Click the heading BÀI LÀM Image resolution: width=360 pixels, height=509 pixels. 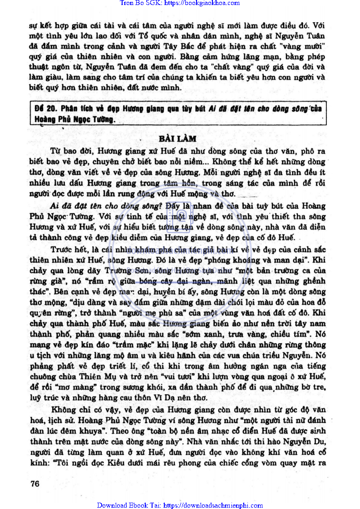178,138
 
